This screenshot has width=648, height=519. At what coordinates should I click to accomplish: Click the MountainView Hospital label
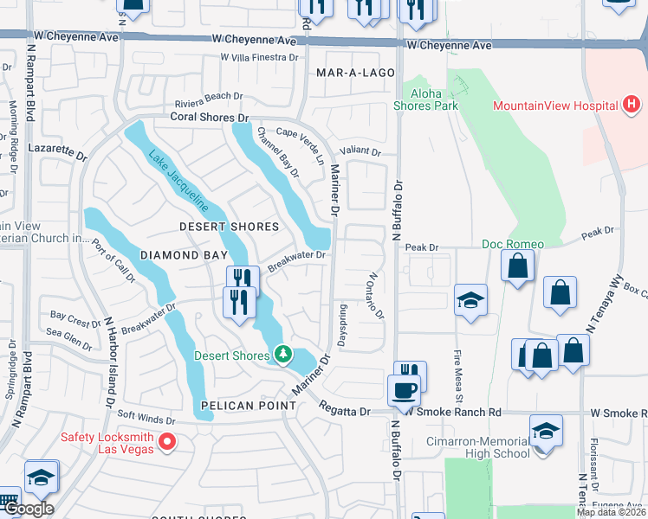pos(554,106)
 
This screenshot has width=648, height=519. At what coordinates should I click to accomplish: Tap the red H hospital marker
pos(632,106)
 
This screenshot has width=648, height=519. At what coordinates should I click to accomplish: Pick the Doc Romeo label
pos(513,244)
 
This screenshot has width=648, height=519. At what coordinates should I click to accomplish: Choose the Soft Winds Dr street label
pos(146,418)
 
